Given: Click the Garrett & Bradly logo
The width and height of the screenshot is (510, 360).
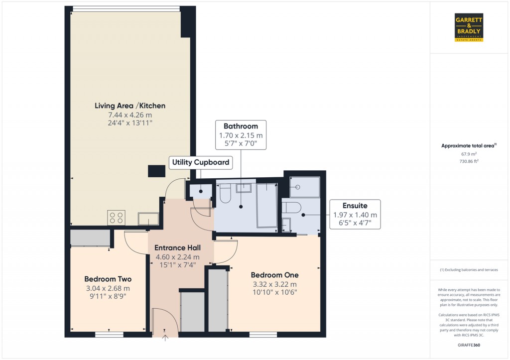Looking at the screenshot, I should (469, 27).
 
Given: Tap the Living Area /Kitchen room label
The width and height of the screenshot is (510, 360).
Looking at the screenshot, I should (130, 106).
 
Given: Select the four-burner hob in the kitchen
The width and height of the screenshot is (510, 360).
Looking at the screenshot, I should (116, 218).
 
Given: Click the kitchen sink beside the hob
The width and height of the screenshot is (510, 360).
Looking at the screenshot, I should (148, 219).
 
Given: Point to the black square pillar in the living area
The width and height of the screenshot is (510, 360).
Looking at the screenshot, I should (156, 171).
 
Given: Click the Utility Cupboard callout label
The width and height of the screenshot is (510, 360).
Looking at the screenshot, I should (201, 162).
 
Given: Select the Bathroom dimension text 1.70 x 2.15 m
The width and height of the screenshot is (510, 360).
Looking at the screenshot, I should (241, 135).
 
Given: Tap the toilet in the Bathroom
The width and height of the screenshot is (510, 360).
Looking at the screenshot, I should (224, 194).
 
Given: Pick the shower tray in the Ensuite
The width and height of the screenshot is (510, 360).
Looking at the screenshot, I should (302, 187).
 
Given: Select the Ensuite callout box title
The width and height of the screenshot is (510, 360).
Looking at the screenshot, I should (355, 206).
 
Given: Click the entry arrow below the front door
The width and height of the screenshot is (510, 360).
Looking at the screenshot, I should (166, 339).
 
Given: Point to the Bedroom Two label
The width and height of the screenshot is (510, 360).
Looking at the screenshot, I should (108, 279).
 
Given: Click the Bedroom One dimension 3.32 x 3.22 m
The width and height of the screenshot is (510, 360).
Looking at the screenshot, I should (274, 284).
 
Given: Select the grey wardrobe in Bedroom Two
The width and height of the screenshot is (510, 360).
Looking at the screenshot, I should (90, 238).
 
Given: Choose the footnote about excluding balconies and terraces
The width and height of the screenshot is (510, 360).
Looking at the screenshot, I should (468, 270).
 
